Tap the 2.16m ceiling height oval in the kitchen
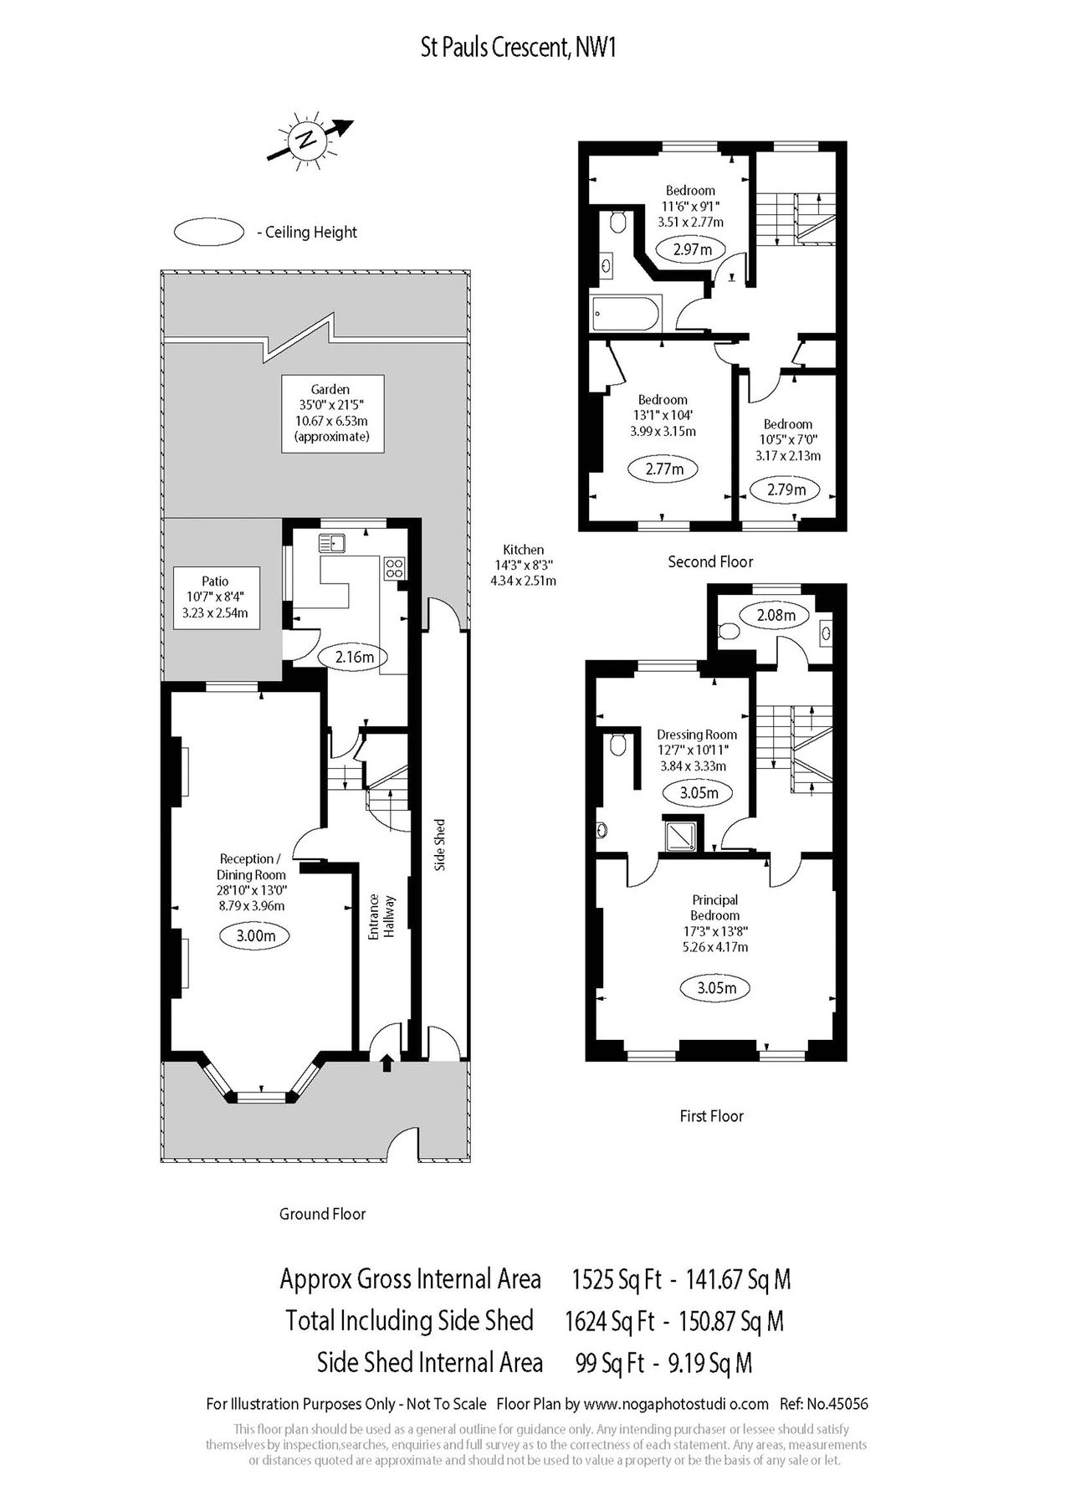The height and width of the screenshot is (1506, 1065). tap(354, 657)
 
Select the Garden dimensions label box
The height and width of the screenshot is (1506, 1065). tap(332, 413)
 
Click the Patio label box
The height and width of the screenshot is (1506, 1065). tap(215, 597)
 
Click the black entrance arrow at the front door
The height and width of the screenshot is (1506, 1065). tap(387, 1063)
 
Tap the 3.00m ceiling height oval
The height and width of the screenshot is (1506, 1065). tap(256, 935)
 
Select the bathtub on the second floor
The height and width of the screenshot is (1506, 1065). tap(626, 314)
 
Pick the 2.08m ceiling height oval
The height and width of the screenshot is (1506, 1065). tap(776, 616)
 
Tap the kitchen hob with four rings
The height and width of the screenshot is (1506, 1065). tap(394, 568)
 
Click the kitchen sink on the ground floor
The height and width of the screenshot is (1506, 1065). tap(333, 544)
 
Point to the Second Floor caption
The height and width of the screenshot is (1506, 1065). tap(710, 562)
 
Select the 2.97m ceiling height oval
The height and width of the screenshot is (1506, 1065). tap(694, 249)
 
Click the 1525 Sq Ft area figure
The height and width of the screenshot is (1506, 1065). tap(617, 1279)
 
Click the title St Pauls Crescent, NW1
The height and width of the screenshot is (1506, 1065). tap(519, 49)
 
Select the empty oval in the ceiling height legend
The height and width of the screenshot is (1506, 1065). tap(208, 232)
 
